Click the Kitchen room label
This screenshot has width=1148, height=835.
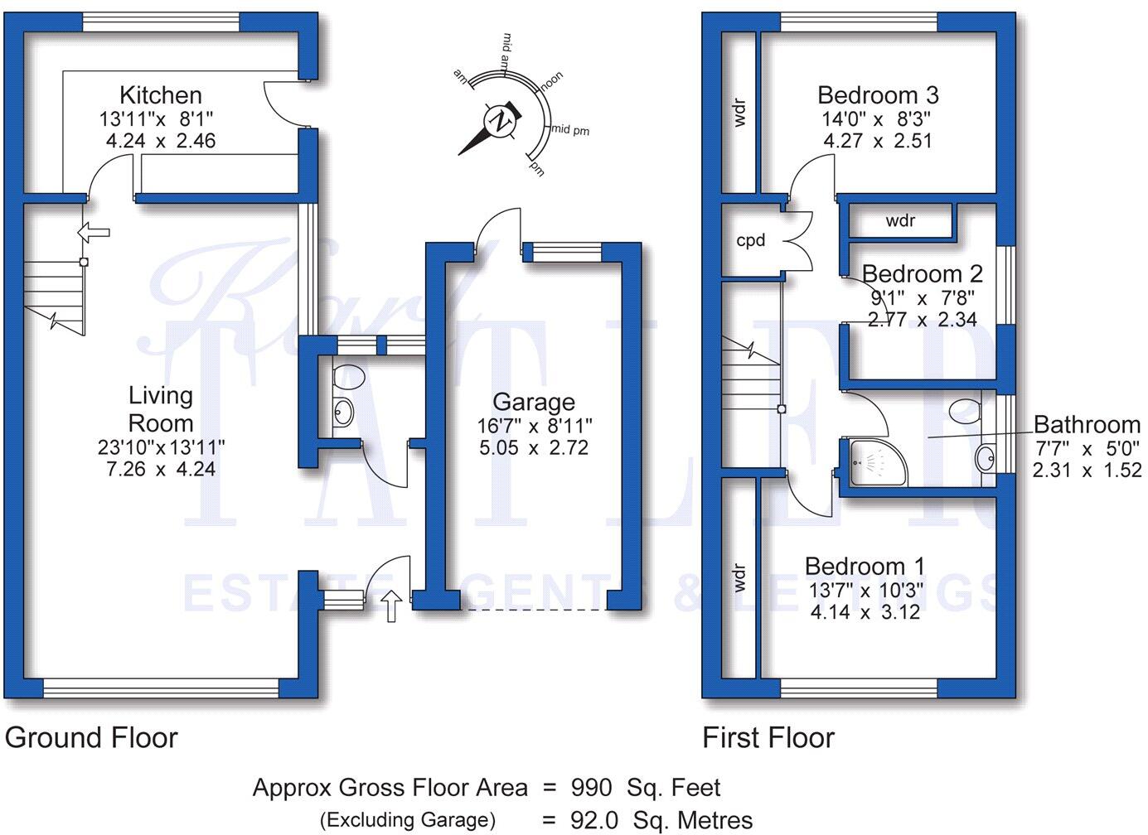coord(160,95)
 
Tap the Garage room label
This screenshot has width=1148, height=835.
coord(533,402)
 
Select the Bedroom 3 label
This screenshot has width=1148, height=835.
coord(877,95)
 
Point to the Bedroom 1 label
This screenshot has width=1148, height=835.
coord(865,566)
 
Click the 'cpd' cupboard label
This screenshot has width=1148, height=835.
coord(751,241)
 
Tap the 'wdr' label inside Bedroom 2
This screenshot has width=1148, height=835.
coord(900,221)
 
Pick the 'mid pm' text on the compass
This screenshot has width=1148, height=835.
coord(571,130)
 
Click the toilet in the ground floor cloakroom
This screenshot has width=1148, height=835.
coord(348,377)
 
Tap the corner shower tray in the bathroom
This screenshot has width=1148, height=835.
coord(866,461)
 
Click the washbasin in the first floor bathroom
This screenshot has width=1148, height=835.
coord(985,458)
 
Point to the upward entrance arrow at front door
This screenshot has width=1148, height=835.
coord(392,605)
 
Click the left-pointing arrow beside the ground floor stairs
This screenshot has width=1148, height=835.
coord(93,233)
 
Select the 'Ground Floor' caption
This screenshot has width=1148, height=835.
coord(91,737)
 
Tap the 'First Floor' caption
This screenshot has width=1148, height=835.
coord(768,737)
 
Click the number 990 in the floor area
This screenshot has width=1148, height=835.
coord(591,788)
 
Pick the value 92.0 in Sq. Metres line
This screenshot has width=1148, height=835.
coord(594,820)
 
